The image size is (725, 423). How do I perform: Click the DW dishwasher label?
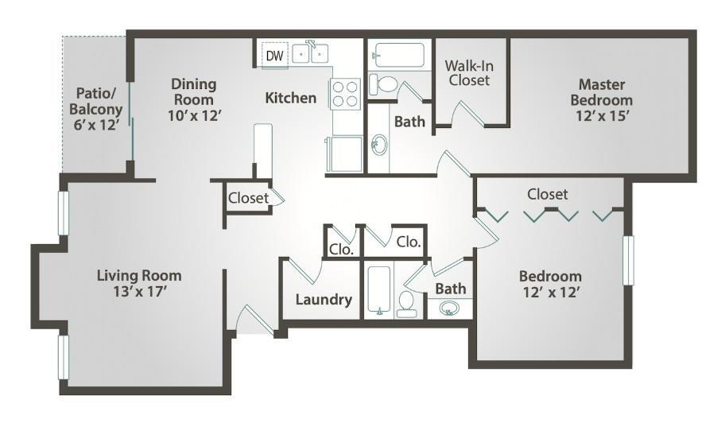274,56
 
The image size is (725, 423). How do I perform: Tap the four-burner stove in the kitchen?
347,94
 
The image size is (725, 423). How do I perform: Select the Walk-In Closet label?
468,72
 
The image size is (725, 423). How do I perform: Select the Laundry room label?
324,300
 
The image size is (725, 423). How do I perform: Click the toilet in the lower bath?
405,303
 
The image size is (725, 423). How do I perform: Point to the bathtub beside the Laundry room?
378,290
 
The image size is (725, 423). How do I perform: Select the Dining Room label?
192,91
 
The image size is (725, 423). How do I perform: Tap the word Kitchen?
290,98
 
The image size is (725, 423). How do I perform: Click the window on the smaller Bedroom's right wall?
627,260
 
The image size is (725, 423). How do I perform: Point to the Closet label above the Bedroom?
548,194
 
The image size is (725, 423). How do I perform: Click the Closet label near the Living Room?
248,198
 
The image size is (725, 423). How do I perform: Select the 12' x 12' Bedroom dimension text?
550,292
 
